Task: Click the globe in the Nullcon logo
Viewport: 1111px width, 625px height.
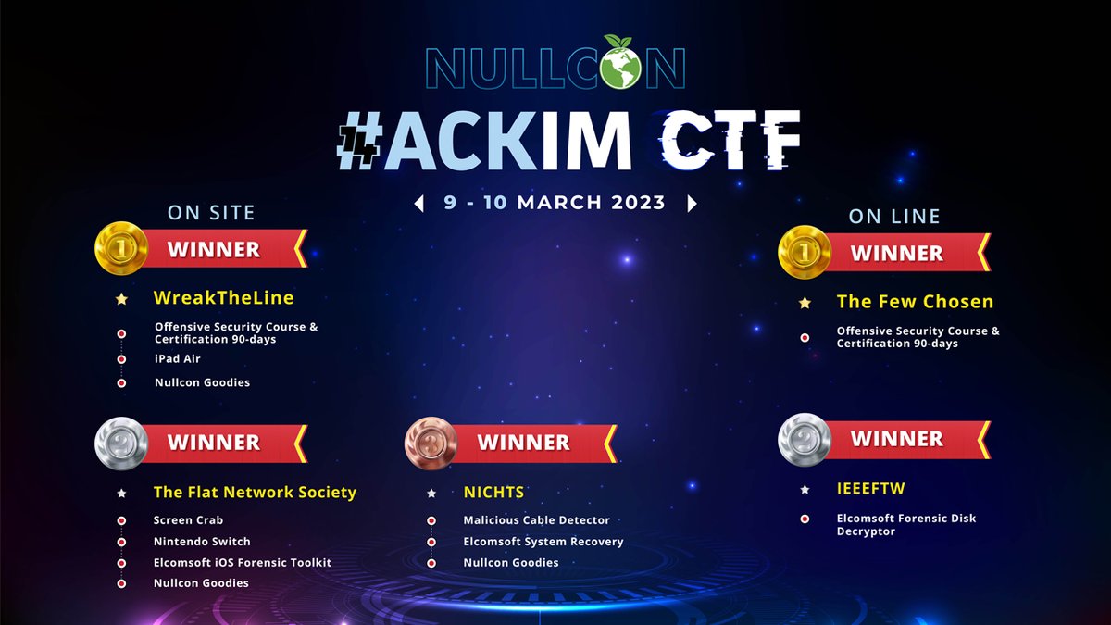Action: [622, 66]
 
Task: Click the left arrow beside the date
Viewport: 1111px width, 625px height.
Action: [418, 203]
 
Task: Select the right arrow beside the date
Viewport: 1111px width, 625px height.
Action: [691, 203]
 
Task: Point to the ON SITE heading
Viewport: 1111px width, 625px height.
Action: [211, 213]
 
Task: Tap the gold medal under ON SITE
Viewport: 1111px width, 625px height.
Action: [121, 248]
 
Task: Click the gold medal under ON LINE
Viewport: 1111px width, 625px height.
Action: [805, 252]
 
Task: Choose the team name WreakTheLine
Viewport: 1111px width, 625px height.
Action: [223, 298]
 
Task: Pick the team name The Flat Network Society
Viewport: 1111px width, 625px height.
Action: [255, 493]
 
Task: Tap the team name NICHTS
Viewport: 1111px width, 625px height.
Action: [493, 493]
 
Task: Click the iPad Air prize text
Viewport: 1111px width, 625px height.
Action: [178, 358]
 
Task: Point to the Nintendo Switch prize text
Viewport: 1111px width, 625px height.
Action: [202, 541]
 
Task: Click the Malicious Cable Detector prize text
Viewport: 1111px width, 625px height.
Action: [536, 520]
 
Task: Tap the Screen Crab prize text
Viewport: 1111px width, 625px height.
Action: [188, 520]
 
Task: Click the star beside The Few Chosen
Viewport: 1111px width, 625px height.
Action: [805, 303]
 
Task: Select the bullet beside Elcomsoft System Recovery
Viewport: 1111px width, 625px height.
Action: [431, 542]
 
